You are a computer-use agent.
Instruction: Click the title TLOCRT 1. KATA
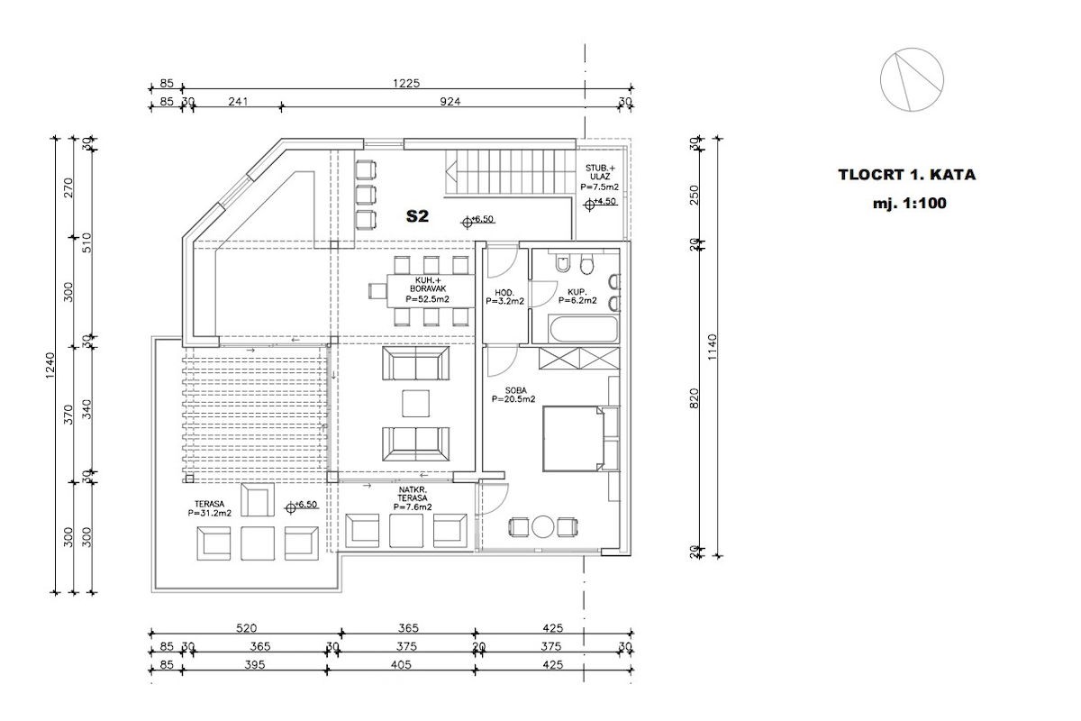[907, 174]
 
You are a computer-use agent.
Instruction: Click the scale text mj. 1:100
[910, 204]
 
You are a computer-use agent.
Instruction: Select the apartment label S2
[417, 216]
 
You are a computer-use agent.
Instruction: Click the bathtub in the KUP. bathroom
[584, 329]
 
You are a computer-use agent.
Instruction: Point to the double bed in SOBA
[573, 439]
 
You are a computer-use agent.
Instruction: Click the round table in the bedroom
[543, 527]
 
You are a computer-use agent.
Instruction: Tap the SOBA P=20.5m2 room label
[514, 395]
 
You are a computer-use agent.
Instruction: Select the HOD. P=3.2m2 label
[504, 297]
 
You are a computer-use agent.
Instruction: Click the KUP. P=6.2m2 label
[577, 296]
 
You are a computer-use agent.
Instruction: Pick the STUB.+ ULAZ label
[600, 172]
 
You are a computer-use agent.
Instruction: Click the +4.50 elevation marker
[600, 204]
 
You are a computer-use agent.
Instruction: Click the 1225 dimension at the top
[406, 83]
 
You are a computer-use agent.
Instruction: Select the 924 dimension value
[450, 102]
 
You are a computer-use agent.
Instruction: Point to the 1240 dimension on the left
[50, 366]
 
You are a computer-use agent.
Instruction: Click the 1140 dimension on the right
[713, 347]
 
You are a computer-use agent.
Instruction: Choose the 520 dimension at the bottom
[246, 628]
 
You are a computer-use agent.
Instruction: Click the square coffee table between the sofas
[415, 404]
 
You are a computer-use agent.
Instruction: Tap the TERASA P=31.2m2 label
[209, 508]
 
